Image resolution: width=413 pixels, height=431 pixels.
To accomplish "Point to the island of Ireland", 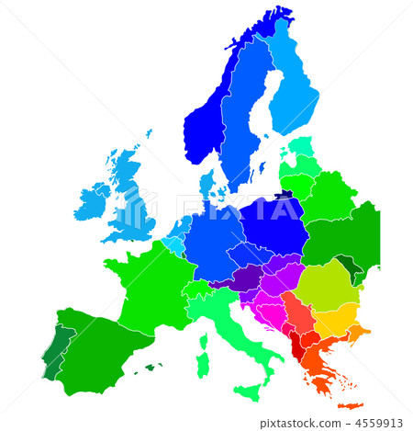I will [x=93, y=199].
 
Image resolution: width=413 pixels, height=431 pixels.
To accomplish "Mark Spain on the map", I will [x=96, y=345].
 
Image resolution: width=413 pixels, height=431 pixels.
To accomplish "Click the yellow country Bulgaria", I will [x=335, y=320].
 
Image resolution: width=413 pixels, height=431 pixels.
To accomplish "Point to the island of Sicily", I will [x=247, y=392].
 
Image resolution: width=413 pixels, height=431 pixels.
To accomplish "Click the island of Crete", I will [x=350, y=405].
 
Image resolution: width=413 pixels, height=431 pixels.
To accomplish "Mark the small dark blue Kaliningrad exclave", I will [x=288, y=195].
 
